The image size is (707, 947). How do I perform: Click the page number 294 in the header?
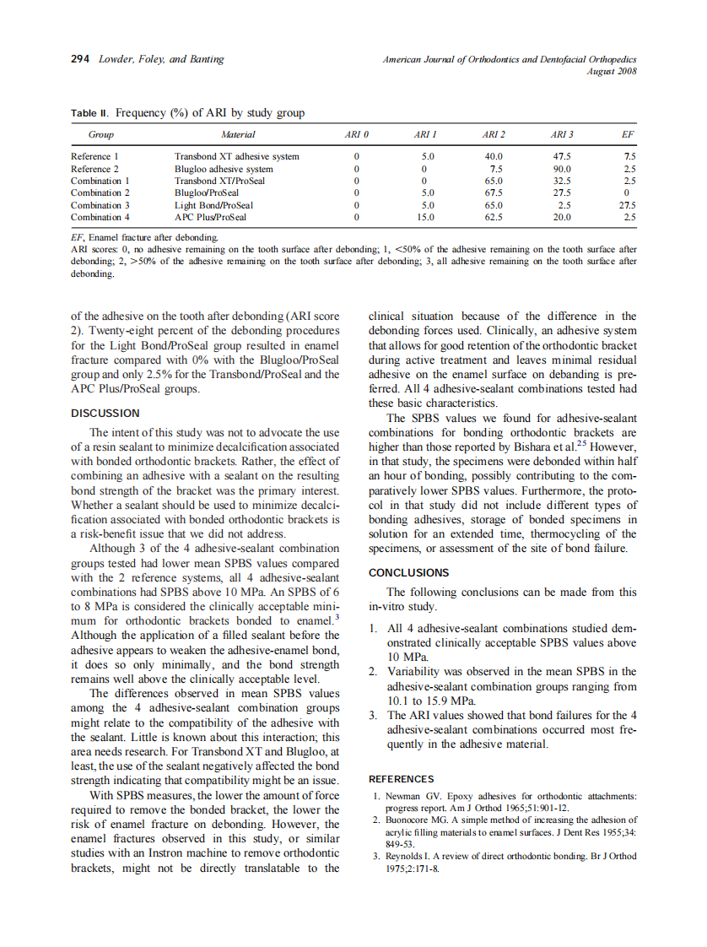coord(79,59)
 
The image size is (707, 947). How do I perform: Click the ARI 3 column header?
coord(562,135)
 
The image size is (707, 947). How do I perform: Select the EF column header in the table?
coord(627,135)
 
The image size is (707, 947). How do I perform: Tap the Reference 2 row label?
coord(95,169)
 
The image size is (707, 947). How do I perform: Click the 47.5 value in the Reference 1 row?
coord(561,157)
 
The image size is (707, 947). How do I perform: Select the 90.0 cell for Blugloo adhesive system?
coord(561,169)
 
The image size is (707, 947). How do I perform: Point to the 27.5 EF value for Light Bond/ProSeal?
coord(626,205)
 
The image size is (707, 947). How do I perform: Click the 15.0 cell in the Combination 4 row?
coord(427,217)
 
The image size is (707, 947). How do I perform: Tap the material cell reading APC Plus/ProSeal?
coord(210,217)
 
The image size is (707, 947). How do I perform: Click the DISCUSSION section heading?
coord(105,414)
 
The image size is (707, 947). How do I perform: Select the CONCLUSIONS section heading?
coord(408,573)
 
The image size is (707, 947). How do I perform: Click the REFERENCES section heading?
coord(402,779)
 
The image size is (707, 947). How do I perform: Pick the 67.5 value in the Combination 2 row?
coord(494,193)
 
